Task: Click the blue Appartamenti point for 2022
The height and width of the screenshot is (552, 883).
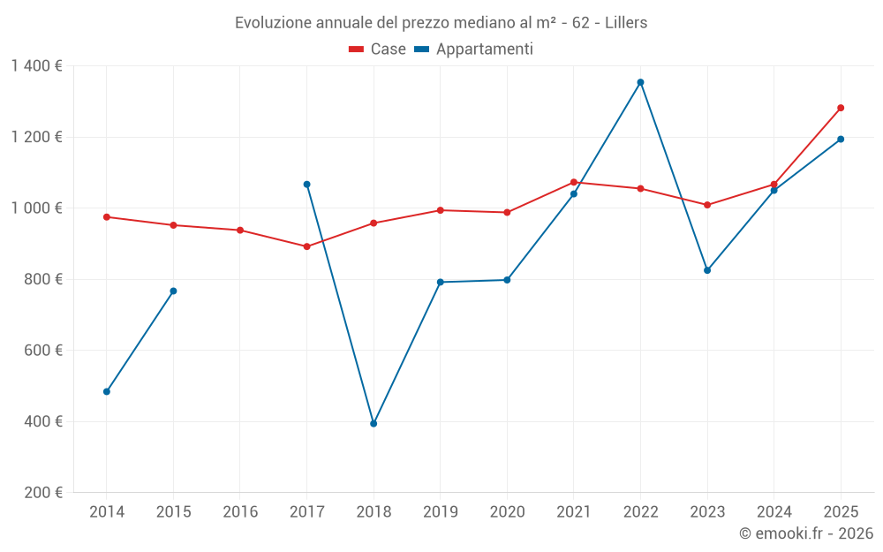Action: [640, 82]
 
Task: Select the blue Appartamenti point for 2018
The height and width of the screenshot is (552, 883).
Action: [374, 424]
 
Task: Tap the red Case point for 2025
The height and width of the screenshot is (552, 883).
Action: [841, 108]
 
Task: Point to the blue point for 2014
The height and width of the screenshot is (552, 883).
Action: [107, 391]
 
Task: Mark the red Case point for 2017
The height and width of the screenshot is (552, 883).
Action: [306, 246]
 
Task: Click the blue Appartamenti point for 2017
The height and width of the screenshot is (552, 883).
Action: [306, 185]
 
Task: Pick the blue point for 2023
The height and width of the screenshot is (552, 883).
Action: [707, 270]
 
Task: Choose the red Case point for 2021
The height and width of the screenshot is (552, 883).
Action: [574, 182]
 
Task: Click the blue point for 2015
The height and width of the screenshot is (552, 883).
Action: [173, 291]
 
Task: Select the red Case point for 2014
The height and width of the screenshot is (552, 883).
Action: [107, 216]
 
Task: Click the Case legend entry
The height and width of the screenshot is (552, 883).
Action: [378, 49]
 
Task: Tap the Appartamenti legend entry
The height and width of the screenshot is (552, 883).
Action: [474, 49]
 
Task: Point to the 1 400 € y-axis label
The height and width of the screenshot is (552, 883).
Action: [36, 66]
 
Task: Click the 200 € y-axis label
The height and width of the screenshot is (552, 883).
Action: [44, 493]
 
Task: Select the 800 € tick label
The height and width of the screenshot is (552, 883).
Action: [44, 279]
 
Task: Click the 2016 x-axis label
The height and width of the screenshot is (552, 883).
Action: [240, 512]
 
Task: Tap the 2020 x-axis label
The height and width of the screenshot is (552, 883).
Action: [507, 512]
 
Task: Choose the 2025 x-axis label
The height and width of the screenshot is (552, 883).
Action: [841, 512]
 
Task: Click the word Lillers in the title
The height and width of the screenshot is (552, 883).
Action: [626, 23]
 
